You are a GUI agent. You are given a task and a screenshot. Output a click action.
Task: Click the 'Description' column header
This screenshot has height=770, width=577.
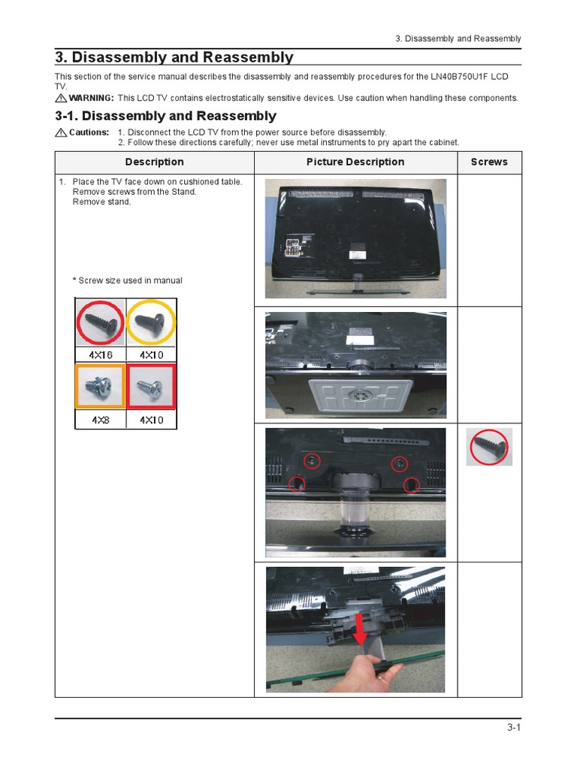click(154, 162)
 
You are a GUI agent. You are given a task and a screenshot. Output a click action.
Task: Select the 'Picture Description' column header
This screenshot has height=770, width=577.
click(355, 162)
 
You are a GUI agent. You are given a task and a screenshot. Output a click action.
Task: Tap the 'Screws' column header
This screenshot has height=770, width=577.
click(489, 162)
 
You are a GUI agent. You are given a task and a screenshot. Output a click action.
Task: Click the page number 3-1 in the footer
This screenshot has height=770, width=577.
click(514, 727)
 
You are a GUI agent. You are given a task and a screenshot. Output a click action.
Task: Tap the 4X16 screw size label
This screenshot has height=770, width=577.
click(101, 354)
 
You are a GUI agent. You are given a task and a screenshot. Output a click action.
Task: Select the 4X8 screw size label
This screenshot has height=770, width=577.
click(101, 420)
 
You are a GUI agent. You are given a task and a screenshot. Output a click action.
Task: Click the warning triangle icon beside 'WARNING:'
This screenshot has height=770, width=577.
click(61, 99)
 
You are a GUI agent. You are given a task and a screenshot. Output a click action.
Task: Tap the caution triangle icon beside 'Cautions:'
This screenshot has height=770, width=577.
click(61, 132)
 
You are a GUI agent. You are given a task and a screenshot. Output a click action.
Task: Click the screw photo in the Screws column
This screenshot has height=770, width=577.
click(489, 447)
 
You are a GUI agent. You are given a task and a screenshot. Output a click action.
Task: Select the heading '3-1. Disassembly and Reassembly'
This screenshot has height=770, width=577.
click(165, 117)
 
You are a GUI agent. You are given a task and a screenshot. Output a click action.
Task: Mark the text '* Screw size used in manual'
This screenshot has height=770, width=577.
click(127, 280)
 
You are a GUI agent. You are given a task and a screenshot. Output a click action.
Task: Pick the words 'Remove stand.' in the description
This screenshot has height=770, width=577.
click(101, 202)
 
